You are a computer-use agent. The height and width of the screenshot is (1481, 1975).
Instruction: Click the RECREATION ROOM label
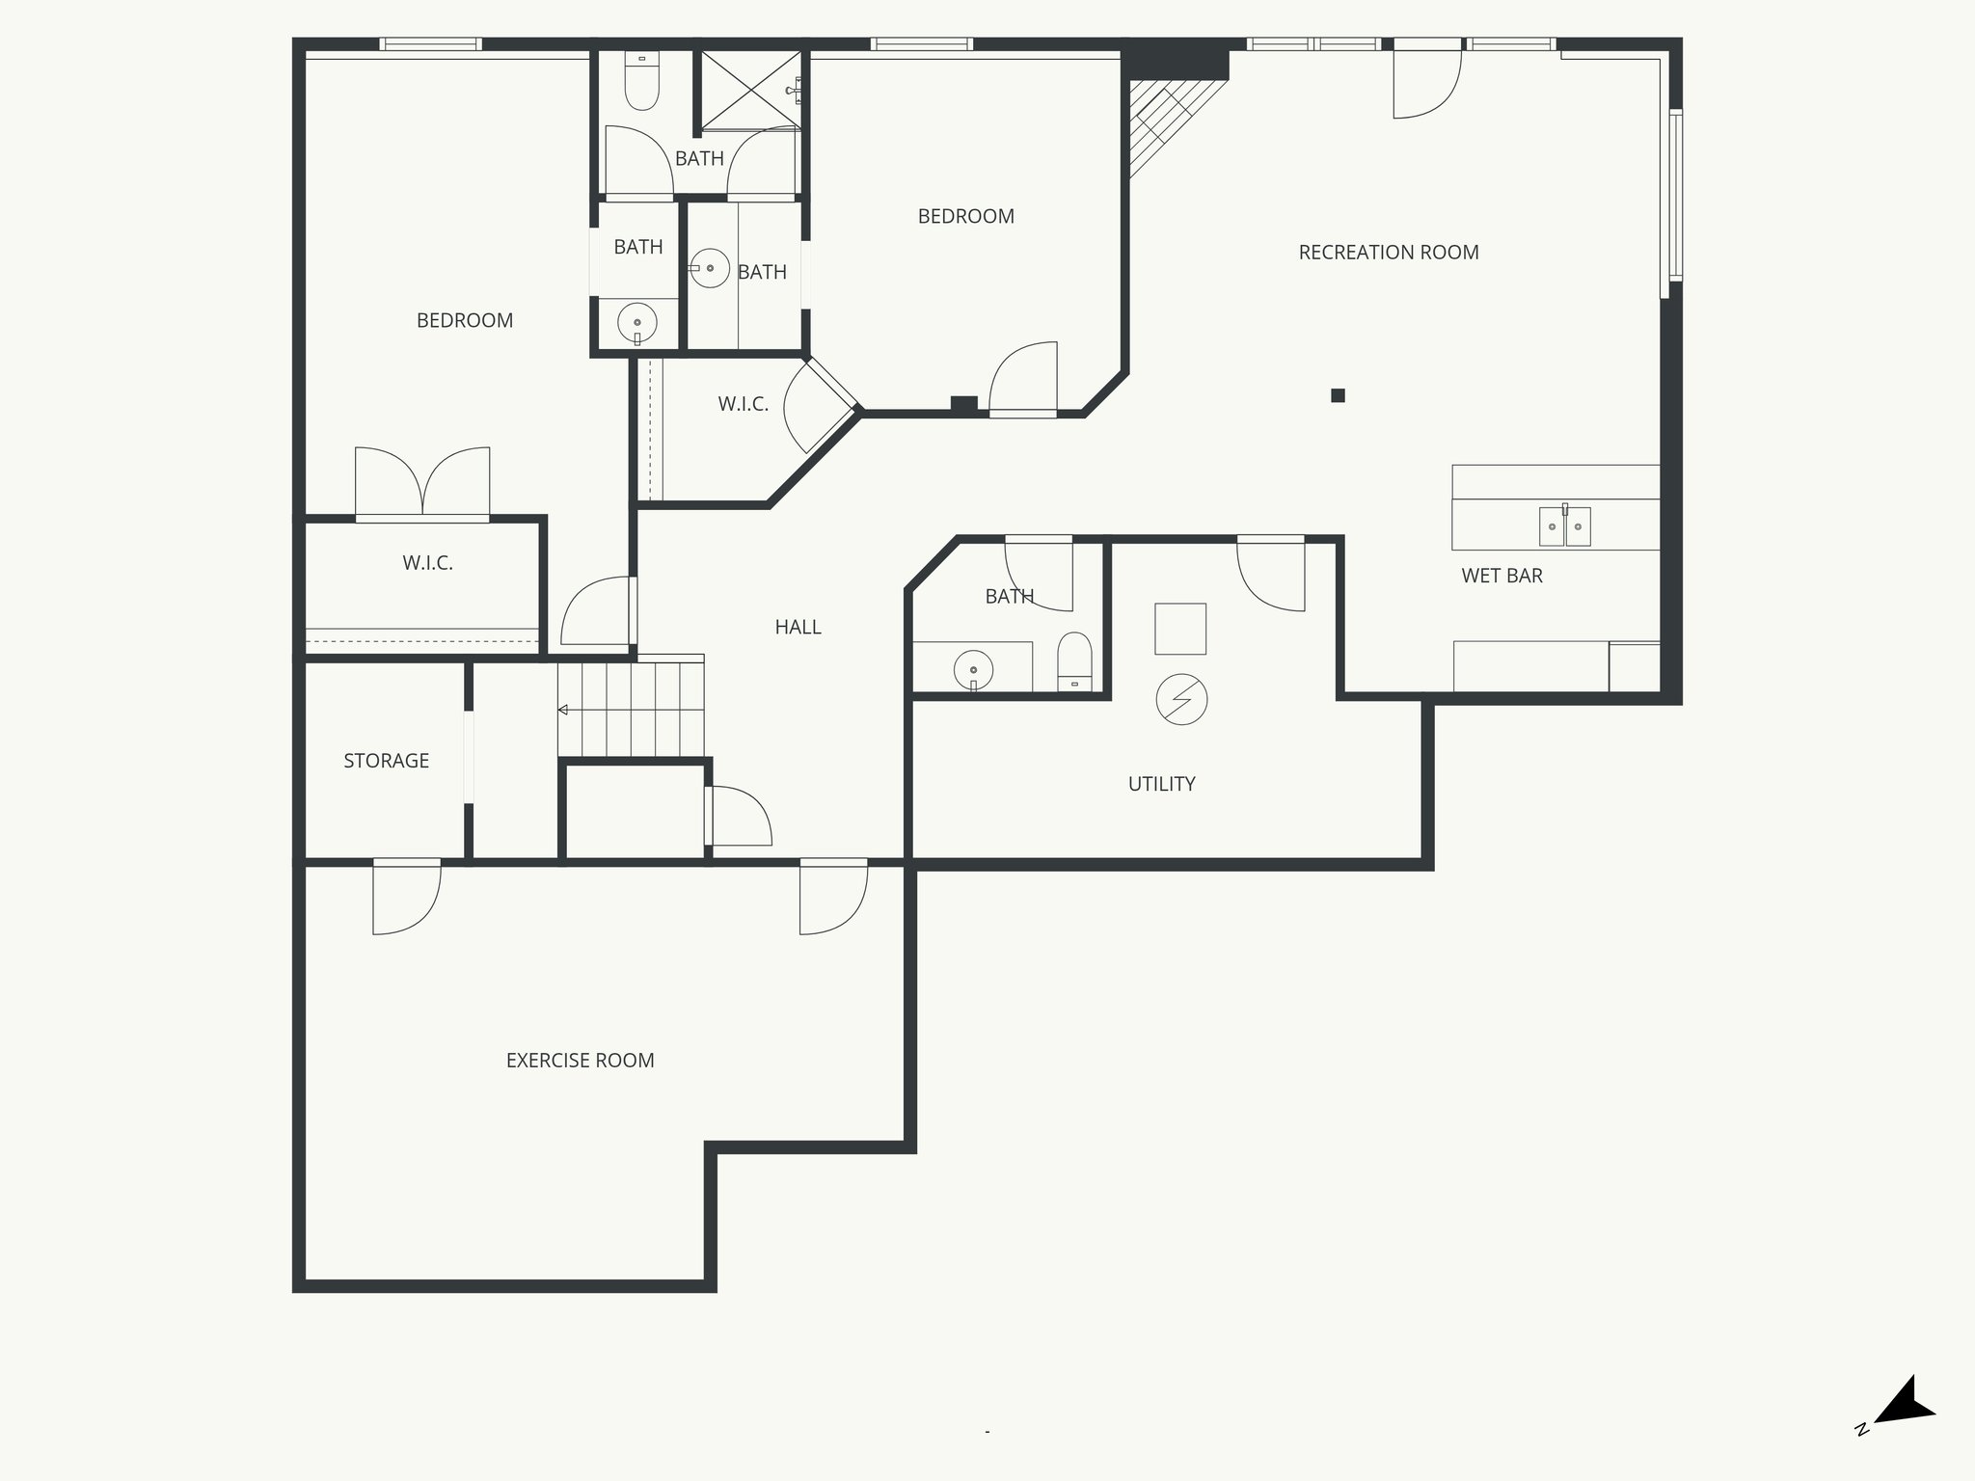click(1388, 253)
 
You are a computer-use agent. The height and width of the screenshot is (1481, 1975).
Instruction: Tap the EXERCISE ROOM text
click(580, 1061)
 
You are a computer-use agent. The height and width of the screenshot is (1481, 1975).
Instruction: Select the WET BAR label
click(1502, 576)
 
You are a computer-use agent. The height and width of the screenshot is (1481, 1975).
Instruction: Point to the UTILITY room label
click(1161, 784)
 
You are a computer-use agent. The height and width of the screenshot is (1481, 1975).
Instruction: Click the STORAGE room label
click(386, 761)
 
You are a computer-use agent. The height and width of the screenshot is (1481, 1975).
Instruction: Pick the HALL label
click(798, 627)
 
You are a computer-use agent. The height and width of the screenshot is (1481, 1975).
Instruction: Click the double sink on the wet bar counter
click(1563, 525)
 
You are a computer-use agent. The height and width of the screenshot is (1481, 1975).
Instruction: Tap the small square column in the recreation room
click(1338, 395)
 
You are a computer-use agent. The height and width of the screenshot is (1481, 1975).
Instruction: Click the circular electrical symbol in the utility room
click(1181, 700)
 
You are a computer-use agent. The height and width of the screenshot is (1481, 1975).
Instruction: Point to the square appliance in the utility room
click(1180, 629)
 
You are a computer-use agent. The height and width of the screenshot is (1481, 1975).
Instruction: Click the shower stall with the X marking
click(750, 90)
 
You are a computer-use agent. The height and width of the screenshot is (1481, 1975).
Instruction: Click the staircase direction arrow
click(563, 711)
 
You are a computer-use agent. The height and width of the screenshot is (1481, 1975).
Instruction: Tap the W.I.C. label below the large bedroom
click(427, 563)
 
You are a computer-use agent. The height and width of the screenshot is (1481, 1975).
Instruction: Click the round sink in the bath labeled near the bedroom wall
click(636, 321)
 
